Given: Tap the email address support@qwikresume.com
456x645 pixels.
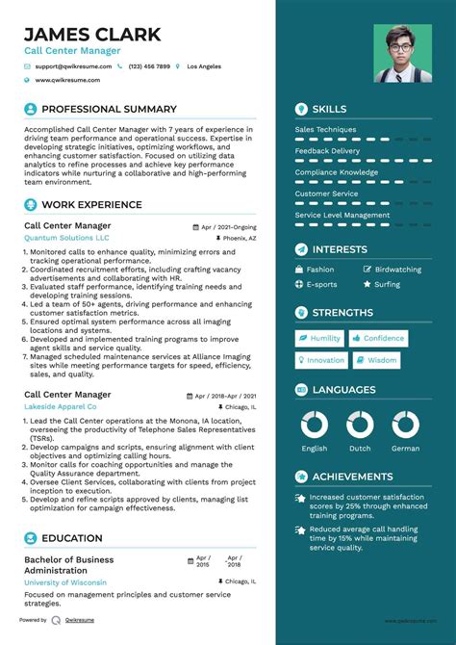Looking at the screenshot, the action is pyautogui.click(x=73, y=66).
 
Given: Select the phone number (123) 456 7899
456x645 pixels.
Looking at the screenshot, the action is pyautogui.click(x=149, y=66).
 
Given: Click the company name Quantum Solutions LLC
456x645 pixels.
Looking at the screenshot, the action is pyautogui.click(x=66, y=237).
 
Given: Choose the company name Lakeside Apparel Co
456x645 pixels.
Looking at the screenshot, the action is pyautogui.click(x=65, y=407).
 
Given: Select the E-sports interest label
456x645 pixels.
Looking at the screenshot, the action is pyautogui.click(x=321, y=285).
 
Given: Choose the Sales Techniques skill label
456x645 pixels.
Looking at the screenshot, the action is pyautogui.click(x=325, y=129).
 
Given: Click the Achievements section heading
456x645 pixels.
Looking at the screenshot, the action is pyautogui.click(x=351, y=476).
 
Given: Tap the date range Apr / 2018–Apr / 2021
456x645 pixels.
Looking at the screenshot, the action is pyautogui.click(x=225, y=396).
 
